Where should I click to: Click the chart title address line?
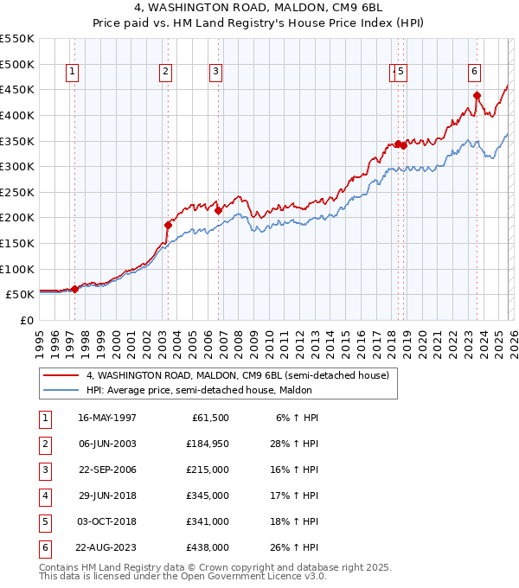[x=260, y=10]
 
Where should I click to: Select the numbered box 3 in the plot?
[x=215, y=72]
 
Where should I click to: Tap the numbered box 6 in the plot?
[x=475, y=72]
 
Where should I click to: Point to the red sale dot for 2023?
[x=477, y=96]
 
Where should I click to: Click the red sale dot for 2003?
[x=168, y=225]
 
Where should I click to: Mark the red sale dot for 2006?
[x=218, y=209]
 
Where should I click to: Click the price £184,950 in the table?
[x=207, y=444]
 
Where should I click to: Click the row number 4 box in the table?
[x=44, y=495]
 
